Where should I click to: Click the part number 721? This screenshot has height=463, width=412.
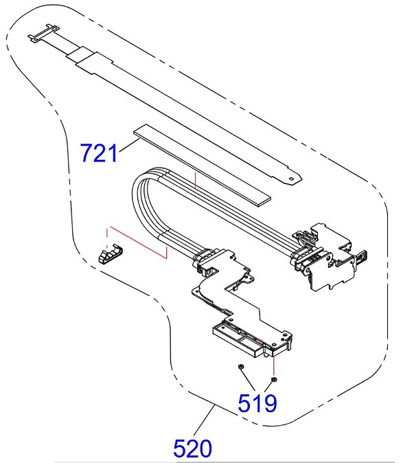tap(99, 153)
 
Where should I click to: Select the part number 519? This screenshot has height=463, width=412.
tap(257, 403)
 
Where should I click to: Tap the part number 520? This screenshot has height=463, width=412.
tap(192, 449)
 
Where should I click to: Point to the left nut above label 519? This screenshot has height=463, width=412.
tap(240, 367)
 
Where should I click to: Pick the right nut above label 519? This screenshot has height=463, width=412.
tap(273, 379)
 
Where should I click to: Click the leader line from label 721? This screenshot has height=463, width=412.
tap(129, 146)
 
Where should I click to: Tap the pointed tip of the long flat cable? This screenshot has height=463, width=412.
tap(301, 178)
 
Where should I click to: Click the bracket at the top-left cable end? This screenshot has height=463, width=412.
tap(44, 33)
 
